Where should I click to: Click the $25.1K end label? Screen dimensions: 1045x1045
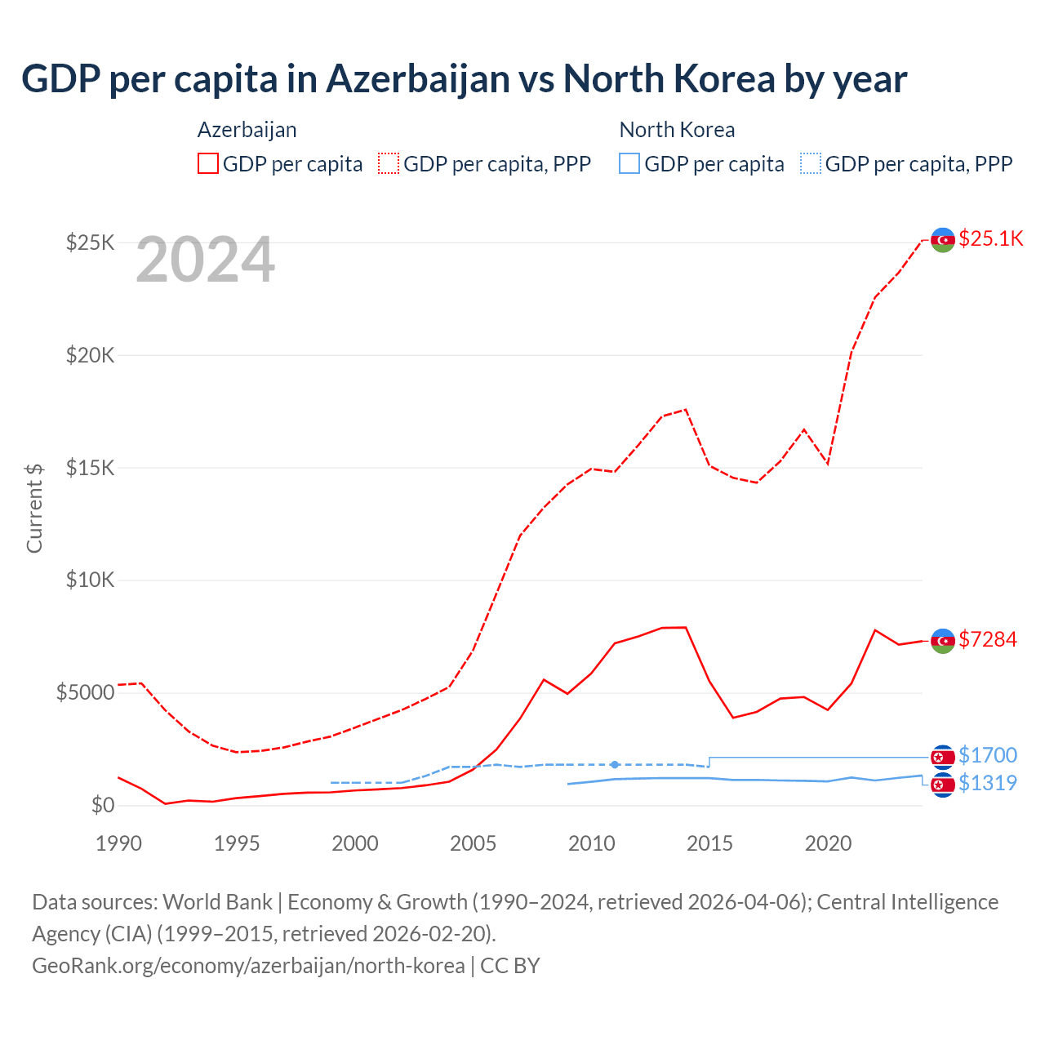(x=990, y=238)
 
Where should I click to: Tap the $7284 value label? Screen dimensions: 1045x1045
(x=988, y=639)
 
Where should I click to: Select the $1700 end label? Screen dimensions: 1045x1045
(x=988, y=755)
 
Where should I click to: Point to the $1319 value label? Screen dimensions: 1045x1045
(x=988, y=783)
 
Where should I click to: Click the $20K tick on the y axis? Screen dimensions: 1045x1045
(x=91, y=355)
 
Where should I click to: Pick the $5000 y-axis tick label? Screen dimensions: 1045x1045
(x=85, y=693)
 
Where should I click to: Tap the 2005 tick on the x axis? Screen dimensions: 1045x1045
(x=473, y=843)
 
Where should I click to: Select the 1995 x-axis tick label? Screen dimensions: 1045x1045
(x=237, y=843)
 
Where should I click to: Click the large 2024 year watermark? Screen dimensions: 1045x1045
(x=205, y=260)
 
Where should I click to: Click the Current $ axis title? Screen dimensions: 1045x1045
(x=34, y=508)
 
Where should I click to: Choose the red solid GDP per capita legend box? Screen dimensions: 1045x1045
(x=208, y=163)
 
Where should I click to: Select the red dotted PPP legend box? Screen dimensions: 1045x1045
(x=389, y=163)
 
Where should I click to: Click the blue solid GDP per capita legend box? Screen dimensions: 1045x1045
(x=629, y=163)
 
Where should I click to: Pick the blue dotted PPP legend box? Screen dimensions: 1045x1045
(x=811, y=163)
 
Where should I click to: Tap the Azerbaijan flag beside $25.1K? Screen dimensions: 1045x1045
(x=943, y=240)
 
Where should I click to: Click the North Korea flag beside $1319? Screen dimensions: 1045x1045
(x=943, y=785)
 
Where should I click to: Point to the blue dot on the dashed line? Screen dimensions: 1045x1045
(x=615, y=764)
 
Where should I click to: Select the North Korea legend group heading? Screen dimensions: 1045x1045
(x=677, y=130)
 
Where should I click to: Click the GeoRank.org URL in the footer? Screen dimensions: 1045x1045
(x=248, y=965)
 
